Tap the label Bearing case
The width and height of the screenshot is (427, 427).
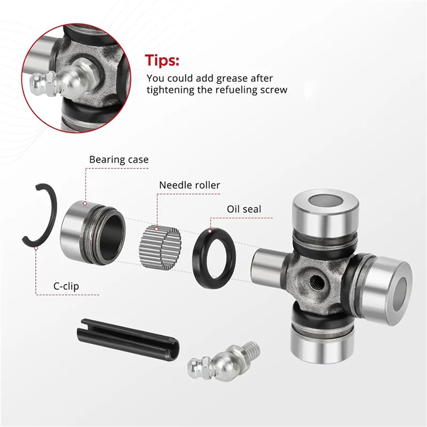tap(118, 159)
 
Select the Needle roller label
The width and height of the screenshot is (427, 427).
tap(189, 185)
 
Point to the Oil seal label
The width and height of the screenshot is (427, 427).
tap(244, 209)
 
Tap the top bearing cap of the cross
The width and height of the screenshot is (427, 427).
tap(320, 213)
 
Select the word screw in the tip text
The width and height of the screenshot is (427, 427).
tap(274, 90)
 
